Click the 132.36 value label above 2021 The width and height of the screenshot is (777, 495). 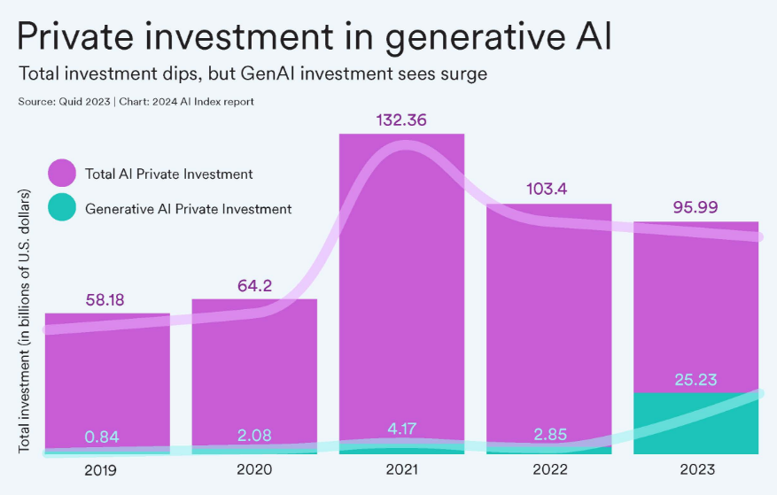pos(401,120)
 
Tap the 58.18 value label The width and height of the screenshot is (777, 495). pos(105,299)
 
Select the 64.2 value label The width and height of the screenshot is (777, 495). pos(253,285)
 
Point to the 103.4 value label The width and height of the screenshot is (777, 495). pos(549,189)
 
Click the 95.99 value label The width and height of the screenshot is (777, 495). pos(695,207)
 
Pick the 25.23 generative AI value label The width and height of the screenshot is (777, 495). pos(695,380)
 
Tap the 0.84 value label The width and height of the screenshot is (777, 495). pos(104,436)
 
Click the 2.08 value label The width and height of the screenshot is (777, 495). pos(253,435)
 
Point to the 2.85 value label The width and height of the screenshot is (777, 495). pos(548,434)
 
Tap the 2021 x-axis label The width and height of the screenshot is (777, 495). pos(400,469)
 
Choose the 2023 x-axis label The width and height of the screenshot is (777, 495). pos(695,469)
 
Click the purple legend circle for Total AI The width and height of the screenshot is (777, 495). pos(62,174)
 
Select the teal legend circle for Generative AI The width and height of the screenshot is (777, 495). pos(62,210)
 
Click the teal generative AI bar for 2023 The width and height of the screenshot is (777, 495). pos(695,423)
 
